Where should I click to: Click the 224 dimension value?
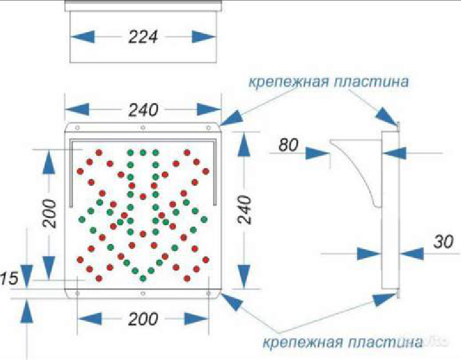click(144, 37)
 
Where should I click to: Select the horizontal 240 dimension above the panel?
click(142, 110)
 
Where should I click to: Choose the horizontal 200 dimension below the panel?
click(143, 319)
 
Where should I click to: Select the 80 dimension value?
click(289, 145)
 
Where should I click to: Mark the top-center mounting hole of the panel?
click(142, 127)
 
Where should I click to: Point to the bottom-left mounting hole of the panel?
click(77, 293)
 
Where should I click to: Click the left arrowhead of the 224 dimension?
click(82, 37)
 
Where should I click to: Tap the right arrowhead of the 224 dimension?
click(204, 37)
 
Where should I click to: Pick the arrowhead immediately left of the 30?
click(369, 253)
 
